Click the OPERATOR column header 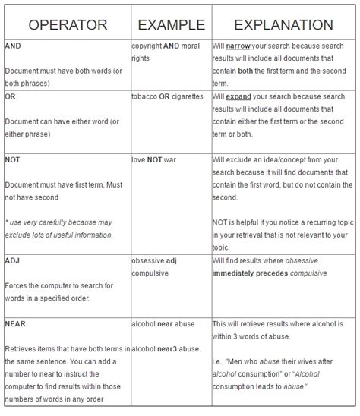pos(67,25)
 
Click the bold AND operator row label pos(13,46)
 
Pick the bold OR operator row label pos(11,97)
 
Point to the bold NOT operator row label pos(13,161)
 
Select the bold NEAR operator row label pos(16,323)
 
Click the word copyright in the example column pos(150,46)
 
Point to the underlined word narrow pos(241,46)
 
